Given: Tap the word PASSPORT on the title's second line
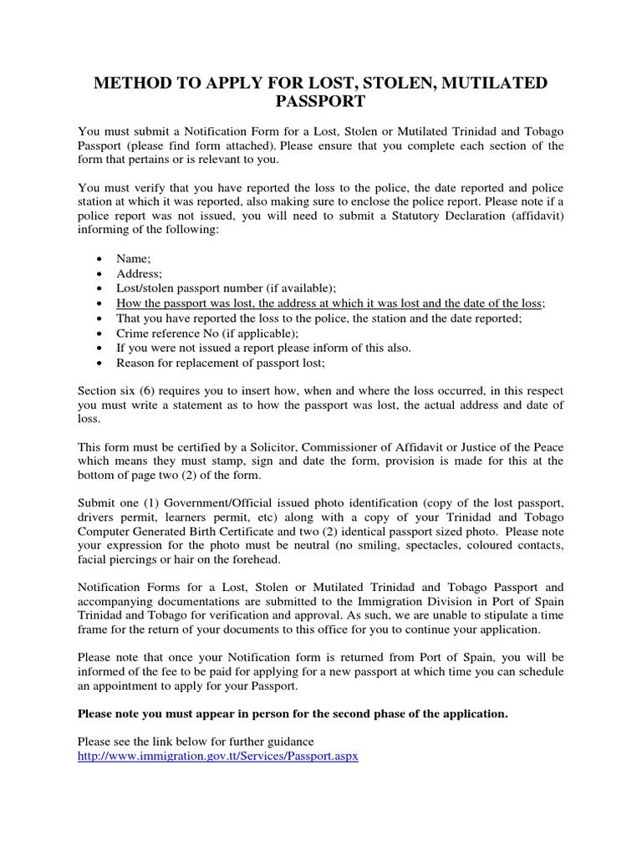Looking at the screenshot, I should pyautogui.click(x=320, y=102).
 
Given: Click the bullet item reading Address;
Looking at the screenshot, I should pyautogui.click(x=139, y=274).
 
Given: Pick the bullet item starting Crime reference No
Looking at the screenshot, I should pyautogui.click(x=207, y=333).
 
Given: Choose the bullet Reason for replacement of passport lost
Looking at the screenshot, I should pyautogui.click(x=221, y=363).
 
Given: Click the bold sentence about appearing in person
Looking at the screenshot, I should pyautogui.click(x=292, y=713).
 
